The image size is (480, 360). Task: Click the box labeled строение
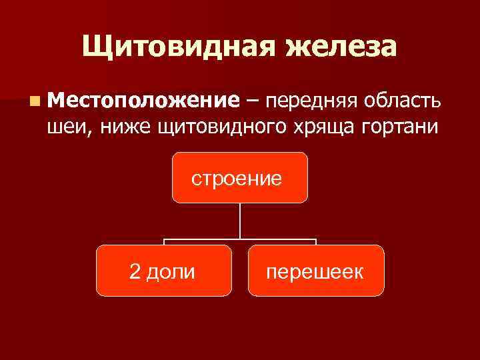click(x=240, y=177)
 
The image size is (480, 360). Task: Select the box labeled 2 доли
click(x=163, y=271)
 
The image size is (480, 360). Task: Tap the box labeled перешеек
click(x=316, y=271)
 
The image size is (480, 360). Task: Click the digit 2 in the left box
click(x=135, y=271)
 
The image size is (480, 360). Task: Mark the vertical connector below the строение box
click(x=240, y=220)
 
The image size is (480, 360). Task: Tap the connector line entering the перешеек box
click(x=316, y=241)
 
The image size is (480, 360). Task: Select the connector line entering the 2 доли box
click(x=164, y=241)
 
